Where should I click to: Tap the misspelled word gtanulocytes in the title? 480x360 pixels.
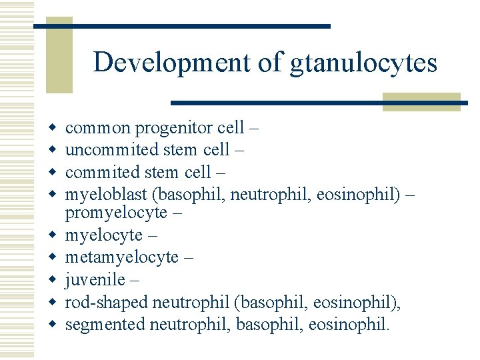click(363, 63)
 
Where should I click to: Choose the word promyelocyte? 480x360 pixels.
click(116, 212)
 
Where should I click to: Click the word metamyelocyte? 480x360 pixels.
click(121, 257)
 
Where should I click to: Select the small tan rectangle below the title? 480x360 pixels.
click(421, 101)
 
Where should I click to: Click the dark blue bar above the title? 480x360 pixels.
click(181, 26)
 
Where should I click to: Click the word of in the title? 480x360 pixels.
click(273, 63)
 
